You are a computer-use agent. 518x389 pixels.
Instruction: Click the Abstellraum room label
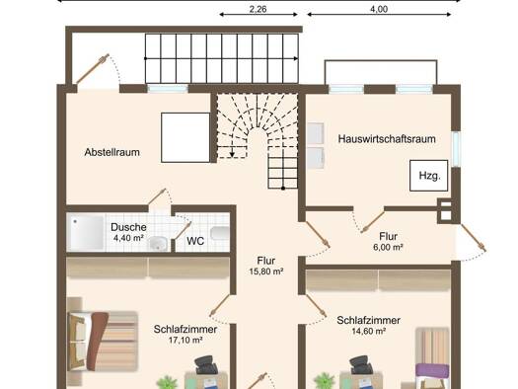click(112, 152)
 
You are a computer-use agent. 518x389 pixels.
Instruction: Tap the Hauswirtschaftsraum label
click(387, 139)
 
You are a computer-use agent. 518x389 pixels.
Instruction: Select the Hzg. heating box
click(429, 176)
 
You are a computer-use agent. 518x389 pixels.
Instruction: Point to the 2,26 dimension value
click(258, 9)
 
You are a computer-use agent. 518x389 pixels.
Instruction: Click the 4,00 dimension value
click(379, 9)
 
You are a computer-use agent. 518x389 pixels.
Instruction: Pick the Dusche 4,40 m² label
click(128, 232)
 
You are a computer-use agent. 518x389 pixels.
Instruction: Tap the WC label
click(195, 241)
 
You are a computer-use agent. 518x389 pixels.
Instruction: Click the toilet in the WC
click(220, 233)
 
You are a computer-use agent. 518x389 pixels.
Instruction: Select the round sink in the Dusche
click(157, 243)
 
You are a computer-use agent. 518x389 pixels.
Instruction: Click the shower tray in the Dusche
click(86, 232)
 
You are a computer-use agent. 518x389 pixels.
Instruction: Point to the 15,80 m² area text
click(266, 272)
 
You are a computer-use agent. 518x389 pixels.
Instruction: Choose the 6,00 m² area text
click(388, 247)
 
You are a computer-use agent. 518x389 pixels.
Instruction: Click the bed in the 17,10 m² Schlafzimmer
click(103, 341)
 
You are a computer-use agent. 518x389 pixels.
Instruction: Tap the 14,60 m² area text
click(369, 331)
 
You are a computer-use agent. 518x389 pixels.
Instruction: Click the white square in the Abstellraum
click(185, 137)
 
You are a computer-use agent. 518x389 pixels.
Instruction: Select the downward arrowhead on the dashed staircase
click(232, 154)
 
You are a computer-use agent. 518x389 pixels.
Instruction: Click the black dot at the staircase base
click(283, 188)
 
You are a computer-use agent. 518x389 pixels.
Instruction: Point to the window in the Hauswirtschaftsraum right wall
click(456, 149)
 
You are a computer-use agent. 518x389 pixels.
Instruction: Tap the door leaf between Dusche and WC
click(183, 230)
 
